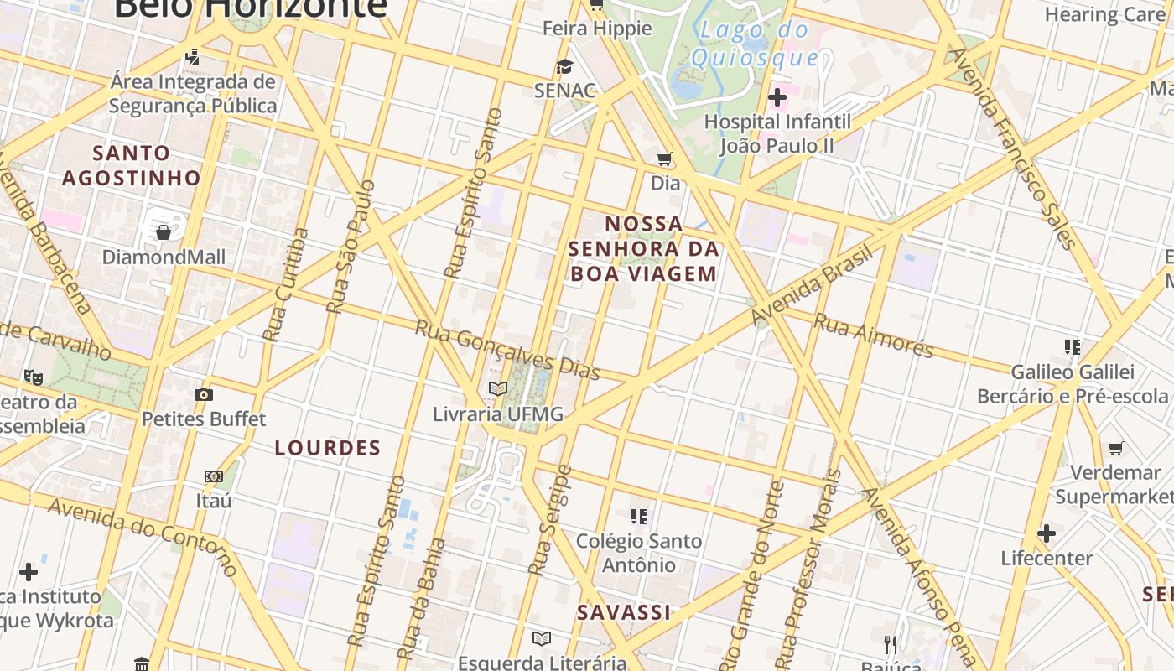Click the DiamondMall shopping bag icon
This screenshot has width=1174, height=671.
[164, 231]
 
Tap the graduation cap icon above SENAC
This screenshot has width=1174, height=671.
[564, 66]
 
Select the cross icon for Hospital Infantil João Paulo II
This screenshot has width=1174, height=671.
[777, 97]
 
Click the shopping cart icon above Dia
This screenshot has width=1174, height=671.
[665, 159]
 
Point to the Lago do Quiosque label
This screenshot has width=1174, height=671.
[754, 44]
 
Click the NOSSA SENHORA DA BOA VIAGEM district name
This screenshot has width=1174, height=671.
[643, 248]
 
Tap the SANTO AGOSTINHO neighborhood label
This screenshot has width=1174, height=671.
[132, 165]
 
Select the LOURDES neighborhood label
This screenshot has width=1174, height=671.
[328, 448]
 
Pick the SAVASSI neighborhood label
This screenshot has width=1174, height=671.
[624, 612]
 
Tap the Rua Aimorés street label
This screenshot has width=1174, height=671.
[874, 335]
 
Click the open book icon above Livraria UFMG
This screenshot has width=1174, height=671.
[498, 388]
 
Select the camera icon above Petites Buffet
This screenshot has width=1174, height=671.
[203, 394]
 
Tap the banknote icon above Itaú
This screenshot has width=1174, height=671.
[214, 476]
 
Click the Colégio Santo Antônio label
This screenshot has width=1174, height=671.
[639, 553]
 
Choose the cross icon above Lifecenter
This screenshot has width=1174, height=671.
[1047, 533]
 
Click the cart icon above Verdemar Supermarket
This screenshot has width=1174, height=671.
[1115, 448]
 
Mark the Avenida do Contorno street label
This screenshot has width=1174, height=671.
[143, 537]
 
